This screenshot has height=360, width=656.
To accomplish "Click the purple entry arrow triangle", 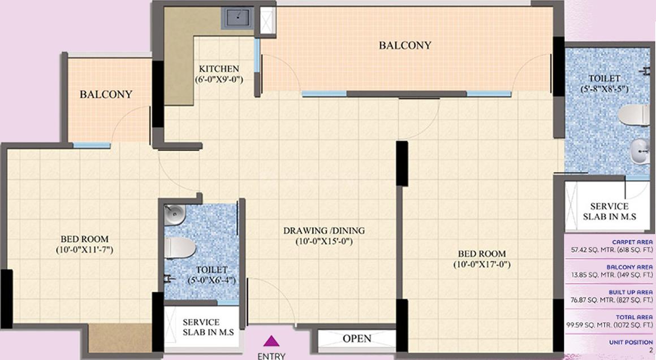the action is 271,341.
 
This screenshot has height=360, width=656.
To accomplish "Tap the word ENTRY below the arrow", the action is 271,356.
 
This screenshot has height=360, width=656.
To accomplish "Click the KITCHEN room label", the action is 219,68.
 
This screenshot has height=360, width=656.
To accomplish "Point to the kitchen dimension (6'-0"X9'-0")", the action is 219,79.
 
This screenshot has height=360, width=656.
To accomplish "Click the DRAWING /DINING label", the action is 324,231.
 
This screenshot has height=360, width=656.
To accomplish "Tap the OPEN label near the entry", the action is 357,339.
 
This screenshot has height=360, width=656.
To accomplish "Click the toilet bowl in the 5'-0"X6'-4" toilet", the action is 180,248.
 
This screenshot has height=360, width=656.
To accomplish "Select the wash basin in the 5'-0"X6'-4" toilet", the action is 175,215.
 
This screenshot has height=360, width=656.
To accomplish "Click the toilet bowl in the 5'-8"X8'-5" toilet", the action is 634,115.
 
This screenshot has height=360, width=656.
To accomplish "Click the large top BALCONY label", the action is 405,45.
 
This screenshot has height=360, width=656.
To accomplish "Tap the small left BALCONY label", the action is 106,94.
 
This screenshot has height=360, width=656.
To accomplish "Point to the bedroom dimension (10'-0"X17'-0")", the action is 482,264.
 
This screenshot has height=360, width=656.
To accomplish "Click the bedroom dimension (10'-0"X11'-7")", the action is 84,250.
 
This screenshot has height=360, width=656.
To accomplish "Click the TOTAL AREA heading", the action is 634,318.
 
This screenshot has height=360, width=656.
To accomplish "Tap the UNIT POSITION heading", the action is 631,342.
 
